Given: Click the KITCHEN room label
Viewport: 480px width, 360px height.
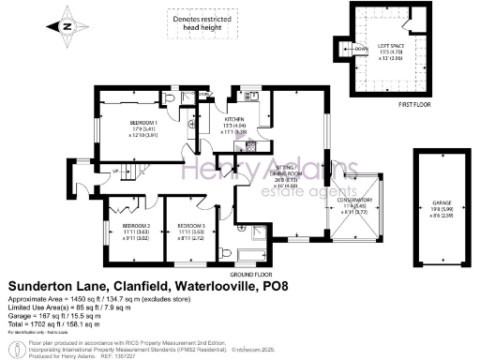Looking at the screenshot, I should tap(233, 120).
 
